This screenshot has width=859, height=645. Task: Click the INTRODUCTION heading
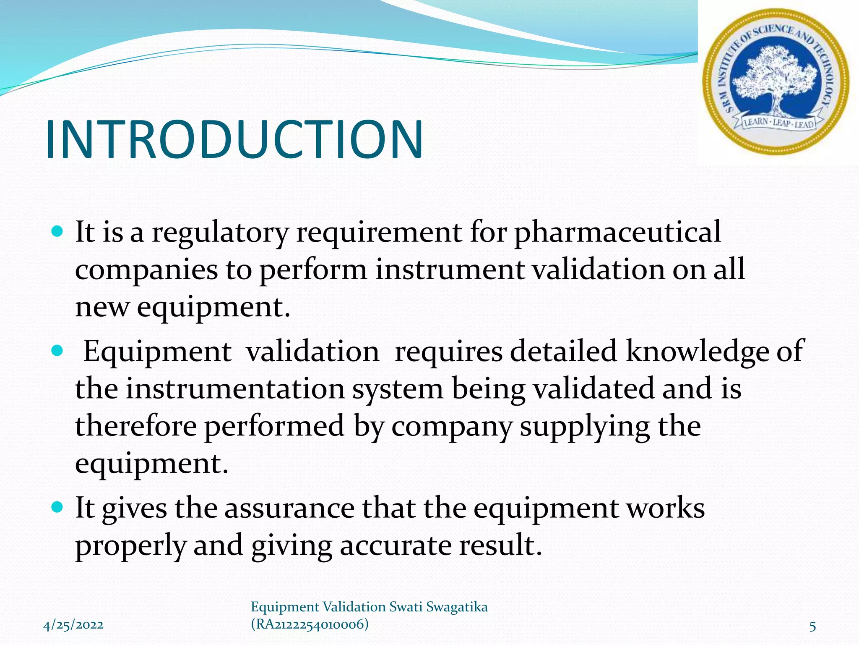click(234, 139)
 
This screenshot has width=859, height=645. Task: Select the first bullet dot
click(57, 231)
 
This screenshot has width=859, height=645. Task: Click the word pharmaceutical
click(617, 232)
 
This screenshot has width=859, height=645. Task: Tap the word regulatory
click(220, 232)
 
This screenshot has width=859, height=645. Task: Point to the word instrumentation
click(235, 388)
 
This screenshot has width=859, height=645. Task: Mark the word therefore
click(135, 426)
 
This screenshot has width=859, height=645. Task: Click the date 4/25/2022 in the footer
click(73, 625)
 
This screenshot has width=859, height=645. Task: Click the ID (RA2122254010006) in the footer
click(310, 624)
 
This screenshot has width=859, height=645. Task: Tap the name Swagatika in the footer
click(457, 607)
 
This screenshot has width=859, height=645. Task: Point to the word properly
click(130, 545)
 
